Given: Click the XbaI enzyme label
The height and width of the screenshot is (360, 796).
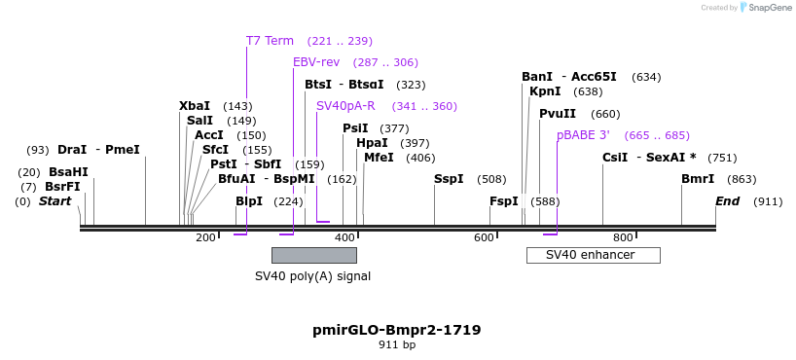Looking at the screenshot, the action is coord(195,106).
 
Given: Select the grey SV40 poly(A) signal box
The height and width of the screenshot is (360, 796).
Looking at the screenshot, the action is coord(314,255).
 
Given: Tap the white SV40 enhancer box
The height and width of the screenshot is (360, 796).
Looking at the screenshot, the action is coord(594,255).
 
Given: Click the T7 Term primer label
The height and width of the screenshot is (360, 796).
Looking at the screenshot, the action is coord(270,41).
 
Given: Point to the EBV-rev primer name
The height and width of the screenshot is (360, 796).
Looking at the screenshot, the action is coord(316,62).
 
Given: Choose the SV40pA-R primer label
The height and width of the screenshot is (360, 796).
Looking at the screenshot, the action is coord(345,106).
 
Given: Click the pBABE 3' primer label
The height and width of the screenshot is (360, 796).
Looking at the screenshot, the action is coord(583,135).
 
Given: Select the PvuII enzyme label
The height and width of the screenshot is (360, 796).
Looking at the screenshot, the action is coord(558,114).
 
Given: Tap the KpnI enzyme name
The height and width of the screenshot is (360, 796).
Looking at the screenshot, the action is coord(545,91).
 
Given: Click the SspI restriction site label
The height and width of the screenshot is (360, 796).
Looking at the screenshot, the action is coord(449,179).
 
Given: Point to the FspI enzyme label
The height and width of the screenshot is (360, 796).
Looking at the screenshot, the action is coord(504,201).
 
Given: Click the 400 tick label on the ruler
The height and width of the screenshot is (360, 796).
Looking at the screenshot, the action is coord(346,237).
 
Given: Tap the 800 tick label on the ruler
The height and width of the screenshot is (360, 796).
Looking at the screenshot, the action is coord(623,237).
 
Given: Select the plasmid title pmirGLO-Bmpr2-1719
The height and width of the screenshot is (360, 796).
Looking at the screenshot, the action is coord(397,330).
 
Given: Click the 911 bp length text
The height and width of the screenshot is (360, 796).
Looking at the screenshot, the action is coord(397,344).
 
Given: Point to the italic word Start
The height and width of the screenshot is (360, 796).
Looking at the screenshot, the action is coord(55,201).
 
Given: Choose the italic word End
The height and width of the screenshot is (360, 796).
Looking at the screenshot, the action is coord(728,201).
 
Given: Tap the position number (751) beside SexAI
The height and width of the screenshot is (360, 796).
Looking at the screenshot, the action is coord(722,158).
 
